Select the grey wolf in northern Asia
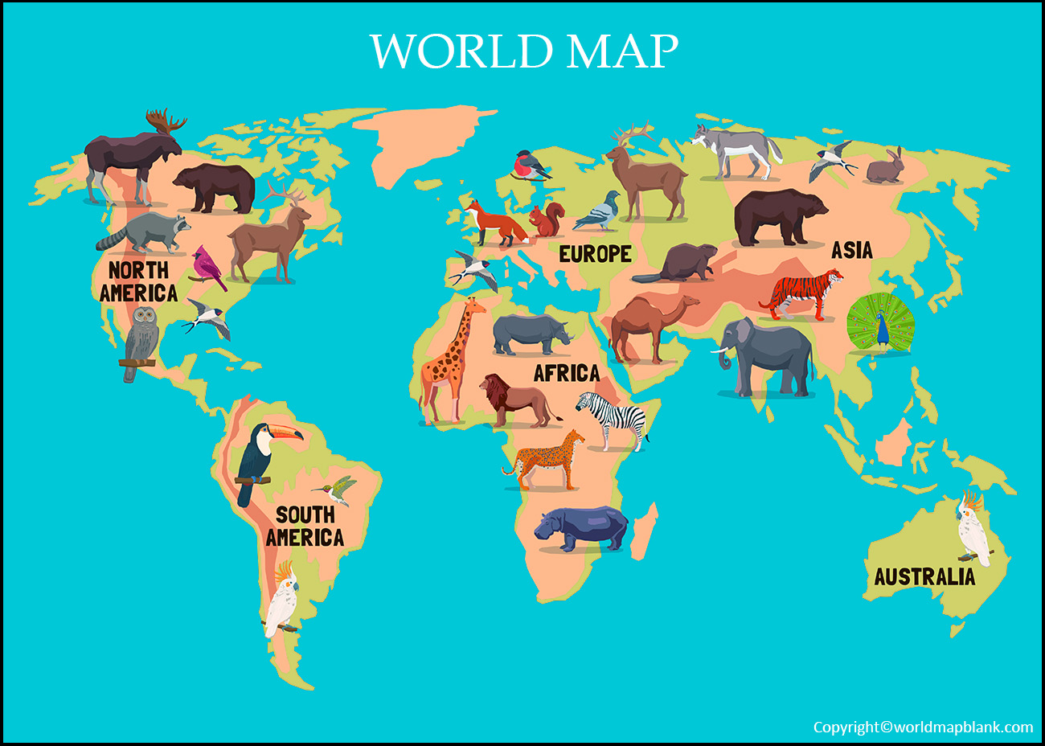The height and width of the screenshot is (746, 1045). click(x=736, y=151)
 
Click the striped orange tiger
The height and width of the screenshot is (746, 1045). click(x=801, y=294)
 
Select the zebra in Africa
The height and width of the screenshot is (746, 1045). click(x=615, y=418)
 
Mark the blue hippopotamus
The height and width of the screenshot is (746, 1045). click(x=583, y=528)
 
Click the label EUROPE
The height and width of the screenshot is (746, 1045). click(x=595, y=254)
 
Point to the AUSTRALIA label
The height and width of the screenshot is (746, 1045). click(x=924, y=576)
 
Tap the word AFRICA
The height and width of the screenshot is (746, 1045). click(x=567, y=373)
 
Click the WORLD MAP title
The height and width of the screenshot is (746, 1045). click(x=523, y=51)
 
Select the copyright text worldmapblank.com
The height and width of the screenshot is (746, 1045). click(x=923, y=728)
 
